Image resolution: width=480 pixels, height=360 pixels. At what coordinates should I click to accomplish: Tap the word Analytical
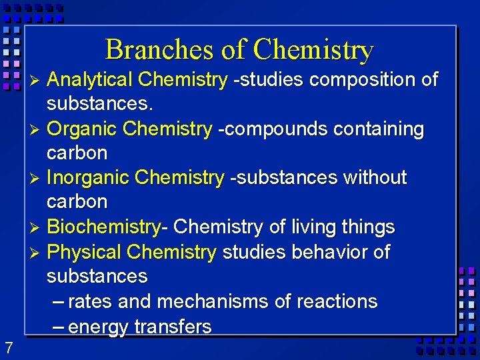90,80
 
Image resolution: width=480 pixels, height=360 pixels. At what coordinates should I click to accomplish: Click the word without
374,177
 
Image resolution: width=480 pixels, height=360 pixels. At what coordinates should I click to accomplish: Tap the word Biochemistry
103,227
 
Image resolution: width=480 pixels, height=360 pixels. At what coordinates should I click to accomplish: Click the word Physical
85,252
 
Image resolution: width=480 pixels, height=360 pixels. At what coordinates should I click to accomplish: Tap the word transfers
173,327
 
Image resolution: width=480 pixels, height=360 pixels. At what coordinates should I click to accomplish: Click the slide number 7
8,347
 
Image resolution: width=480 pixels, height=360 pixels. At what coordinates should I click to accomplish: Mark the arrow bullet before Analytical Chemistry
37,81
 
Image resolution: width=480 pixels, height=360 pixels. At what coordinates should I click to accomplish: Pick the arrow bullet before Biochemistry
37,228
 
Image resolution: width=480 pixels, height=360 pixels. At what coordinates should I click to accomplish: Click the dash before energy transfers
58,327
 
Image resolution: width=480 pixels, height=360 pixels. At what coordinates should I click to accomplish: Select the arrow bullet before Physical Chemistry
37,253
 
